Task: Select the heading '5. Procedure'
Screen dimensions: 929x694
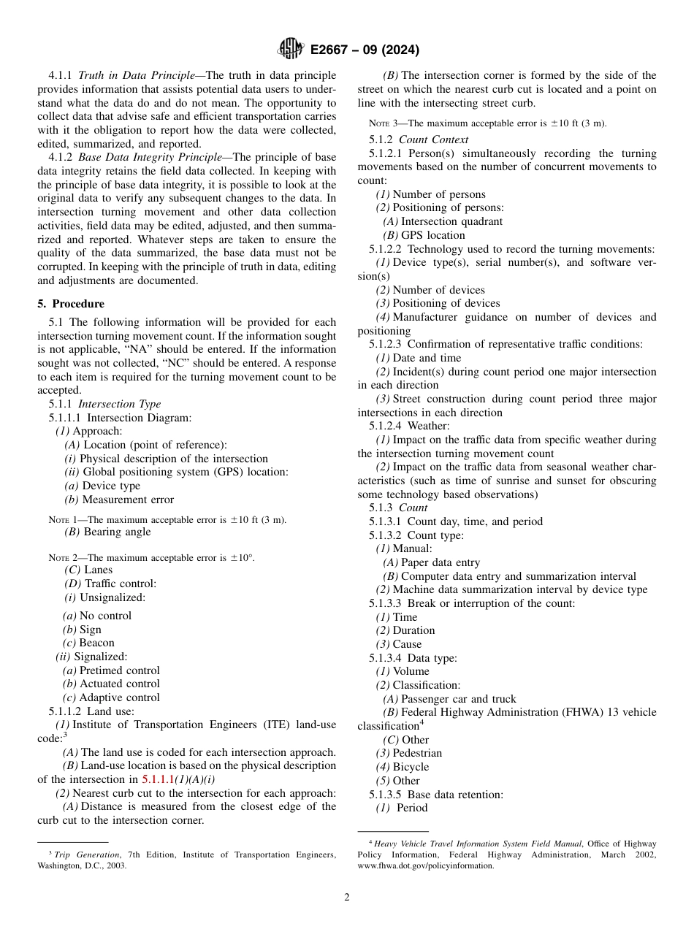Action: click(x=71, y=304)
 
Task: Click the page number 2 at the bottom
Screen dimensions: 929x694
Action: click(x=347, y=898)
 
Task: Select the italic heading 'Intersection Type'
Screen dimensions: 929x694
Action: click(x=120, y=404)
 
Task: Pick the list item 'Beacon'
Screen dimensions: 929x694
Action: click(x=96, y=643)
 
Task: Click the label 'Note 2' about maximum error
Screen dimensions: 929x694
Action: click(x=62, y=558)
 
